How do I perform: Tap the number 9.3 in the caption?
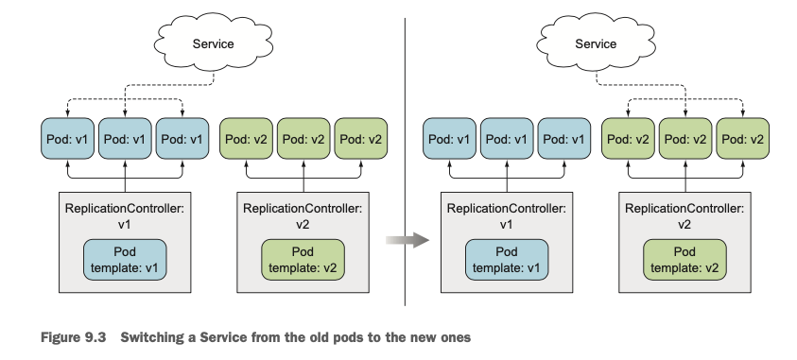[x=95, y=337]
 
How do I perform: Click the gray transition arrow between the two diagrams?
[x=407, y=240]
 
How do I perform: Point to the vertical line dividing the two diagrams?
[x=405, y=162]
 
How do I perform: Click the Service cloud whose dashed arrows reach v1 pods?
[x=214, y=43]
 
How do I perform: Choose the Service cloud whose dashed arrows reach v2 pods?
[x=596, y=43]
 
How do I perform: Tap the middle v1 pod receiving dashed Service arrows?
[x=125, y=139]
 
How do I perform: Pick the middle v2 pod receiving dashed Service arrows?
[x=685, y=139]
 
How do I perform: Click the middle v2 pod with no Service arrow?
[x=303, y=139]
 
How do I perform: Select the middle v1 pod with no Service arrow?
[x=507, y=139]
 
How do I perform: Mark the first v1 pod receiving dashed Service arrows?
[x=68, y=139]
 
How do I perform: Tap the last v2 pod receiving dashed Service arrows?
[x=742, y=139]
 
